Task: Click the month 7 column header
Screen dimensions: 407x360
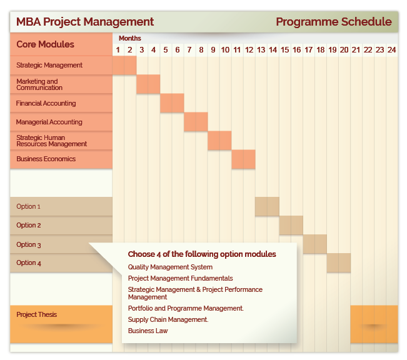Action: coord(189,50)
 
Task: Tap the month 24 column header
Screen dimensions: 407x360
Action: coord(392,50)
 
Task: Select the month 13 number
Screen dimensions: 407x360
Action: coord(261,50)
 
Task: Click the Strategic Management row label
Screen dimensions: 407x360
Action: coord(49,65)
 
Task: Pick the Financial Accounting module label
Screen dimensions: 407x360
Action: coord(46,103)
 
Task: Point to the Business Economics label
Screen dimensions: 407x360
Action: coord(46,159)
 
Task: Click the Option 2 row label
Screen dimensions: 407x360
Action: coord(29,225)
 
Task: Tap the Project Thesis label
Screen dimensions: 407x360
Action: coord(37,314)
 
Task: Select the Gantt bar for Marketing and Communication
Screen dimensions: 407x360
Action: coord(148,84)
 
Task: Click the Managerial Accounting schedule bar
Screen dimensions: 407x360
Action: coord(196,122)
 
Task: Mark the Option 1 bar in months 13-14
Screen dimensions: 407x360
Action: coord(267,206)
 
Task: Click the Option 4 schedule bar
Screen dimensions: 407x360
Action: coord(339,262)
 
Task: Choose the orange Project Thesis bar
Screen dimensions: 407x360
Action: coord(374,324)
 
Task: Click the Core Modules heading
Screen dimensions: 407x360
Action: coord(46,44)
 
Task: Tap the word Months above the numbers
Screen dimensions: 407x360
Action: coord(130,38)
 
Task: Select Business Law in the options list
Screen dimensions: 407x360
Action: coord(148,331)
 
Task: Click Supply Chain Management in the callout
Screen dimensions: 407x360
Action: coord(168,319)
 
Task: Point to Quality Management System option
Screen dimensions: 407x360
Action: coord(170,267)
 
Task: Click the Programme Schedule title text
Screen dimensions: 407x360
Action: coord(334,22)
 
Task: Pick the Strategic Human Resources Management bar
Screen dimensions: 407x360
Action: coord(219,141)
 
